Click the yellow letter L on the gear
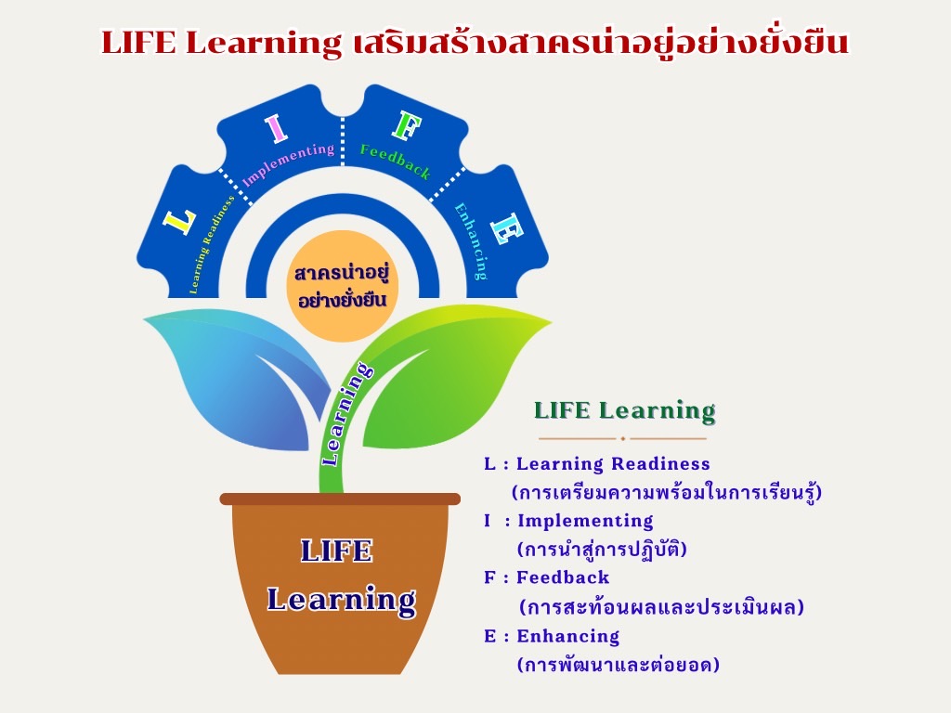179,223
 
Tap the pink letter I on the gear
276,129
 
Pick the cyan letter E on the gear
506,228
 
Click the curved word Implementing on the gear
288,164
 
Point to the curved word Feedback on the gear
396,162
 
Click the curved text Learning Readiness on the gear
211,244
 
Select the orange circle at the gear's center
342,286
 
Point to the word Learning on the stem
345,414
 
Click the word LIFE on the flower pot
336,551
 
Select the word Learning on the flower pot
342,600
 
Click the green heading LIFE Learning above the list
625,411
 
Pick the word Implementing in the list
585,522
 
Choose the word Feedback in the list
563,577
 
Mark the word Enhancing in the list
568,637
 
